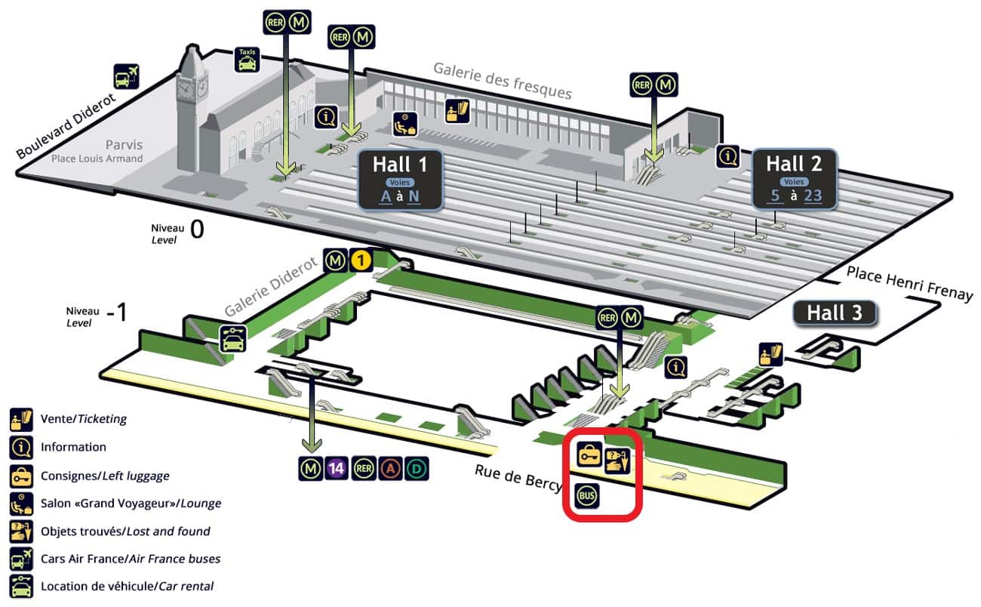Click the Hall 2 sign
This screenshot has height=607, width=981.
794,178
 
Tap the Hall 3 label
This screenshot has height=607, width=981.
835,313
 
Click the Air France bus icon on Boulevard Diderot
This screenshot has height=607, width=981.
126,76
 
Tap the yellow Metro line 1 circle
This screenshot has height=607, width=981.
361,261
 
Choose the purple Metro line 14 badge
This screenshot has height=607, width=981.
337,468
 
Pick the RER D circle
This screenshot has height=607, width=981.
414,468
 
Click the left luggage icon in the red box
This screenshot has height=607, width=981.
589,454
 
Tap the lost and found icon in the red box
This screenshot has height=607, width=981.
617,459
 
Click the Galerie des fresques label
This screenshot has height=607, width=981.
502,80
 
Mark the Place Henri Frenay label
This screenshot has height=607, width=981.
909,283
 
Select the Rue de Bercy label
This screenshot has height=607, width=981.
518,479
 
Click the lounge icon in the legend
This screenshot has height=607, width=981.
20,503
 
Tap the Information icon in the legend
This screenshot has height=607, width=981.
20,447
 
